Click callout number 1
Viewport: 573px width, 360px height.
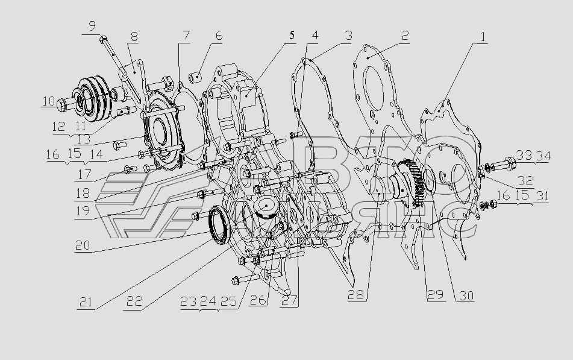[x=483, y=37]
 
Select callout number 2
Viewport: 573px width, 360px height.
[x=404, y=36]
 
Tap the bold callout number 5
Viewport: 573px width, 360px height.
[x=292, y=35]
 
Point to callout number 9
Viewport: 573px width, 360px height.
[x=92, y=27]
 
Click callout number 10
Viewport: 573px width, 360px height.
[x=48, y=101]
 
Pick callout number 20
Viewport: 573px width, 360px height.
[x=83, y=245]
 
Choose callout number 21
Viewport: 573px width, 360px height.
[x=86, y=302]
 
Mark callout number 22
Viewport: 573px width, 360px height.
[x=134, y=302]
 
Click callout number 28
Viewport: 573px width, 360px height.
[x=356, y=295]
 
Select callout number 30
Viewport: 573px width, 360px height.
[x=466, y=295]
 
